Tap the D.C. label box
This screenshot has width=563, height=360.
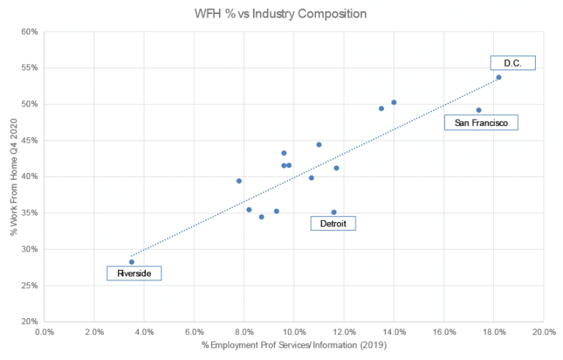[x=513, y=63]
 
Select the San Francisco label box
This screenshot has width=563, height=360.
[x=481, y=122]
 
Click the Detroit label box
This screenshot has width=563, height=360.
[x=333, y=223]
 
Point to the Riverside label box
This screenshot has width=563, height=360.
[x=133, y=273]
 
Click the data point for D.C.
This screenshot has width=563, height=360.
[x=498, y=77]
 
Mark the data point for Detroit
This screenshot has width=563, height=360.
[x=334, y=212]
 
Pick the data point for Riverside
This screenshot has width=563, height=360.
[x=131, y=262]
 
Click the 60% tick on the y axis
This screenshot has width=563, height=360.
[x=29, y=32]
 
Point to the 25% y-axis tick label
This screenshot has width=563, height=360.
[x=29, y=285]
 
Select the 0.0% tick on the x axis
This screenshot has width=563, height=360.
[x=44, y=331]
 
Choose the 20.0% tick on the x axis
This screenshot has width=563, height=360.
[x=542, y=331]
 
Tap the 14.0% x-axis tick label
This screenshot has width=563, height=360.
[x=394, y=331]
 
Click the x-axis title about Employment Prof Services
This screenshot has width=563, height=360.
[x=293, y=345]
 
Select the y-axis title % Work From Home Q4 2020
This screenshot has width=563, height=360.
[x=13, y=176]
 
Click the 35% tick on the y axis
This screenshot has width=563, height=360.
[x=29, y=213]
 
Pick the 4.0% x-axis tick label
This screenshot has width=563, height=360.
[x=144, y=331]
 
